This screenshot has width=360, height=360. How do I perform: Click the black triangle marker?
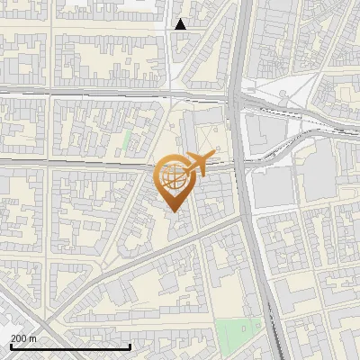click(x=181, y=24)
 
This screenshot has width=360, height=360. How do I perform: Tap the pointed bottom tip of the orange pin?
click(x=173, y=210)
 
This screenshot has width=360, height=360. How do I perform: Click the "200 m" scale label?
click(x=23, y=337)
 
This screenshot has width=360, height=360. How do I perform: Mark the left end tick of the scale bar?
click(x=10, y=346)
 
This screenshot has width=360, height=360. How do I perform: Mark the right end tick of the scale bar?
click(x=130, y=346)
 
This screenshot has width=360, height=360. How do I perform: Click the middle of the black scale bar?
click(x=70, y=347)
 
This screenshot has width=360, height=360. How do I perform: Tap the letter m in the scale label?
click(x=32, y=337)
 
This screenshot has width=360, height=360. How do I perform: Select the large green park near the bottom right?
click(x=235, y=336)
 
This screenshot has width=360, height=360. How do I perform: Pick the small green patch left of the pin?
click(x=127, y=140)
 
